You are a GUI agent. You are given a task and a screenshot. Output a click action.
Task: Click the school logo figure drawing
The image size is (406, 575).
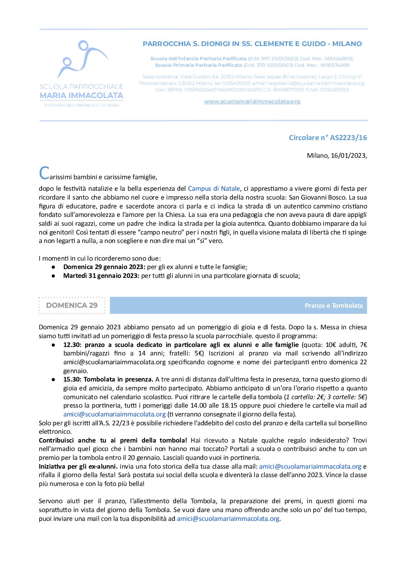82,59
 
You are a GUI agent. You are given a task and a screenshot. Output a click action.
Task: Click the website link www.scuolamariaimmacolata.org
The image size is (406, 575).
252,101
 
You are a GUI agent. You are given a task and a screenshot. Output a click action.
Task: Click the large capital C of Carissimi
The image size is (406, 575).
44,173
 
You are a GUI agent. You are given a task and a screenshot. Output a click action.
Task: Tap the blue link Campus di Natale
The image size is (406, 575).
214,188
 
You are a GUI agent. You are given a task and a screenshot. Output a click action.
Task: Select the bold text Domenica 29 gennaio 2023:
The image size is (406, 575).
104,267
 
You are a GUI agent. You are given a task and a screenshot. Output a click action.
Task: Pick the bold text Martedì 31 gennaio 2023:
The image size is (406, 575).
101,276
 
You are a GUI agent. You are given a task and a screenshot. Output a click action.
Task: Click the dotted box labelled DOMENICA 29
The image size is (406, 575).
72,305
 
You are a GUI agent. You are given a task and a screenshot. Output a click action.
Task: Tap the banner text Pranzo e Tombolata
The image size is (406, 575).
333,306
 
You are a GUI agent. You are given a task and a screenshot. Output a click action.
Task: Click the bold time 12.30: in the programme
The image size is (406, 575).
73,345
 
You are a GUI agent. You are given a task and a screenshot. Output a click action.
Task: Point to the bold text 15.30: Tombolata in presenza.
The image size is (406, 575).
108,379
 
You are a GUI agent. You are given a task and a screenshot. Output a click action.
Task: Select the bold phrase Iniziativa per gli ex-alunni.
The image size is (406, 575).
78,466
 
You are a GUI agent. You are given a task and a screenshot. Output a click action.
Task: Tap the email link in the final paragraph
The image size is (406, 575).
228,519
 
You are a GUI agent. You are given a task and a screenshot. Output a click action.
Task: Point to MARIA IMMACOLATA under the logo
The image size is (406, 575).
81,95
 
